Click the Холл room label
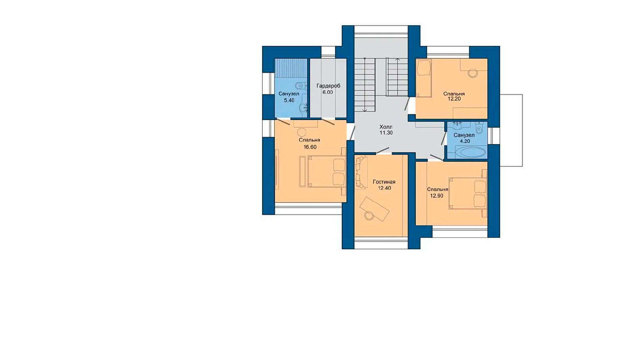click(386, 126)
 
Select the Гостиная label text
click(384, 182)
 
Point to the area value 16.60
click(310, 147)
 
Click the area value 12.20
click(454, 99)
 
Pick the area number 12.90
click(436, 196)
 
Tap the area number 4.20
click(465, 141)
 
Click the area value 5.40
click(289, 100)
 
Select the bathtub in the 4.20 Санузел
click(470, 152)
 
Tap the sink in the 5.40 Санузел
click(303, 108)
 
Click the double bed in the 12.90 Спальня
click(468, 193)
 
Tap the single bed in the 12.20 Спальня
click(424, 78)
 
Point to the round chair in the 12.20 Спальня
click(472, 73)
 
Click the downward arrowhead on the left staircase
click(364, 110)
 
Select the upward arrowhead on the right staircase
click(398, 60)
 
